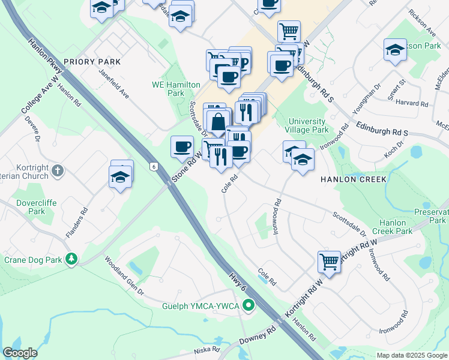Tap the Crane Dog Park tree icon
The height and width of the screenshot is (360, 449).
tap(71, 259)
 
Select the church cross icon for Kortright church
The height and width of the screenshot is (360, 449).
tap(57, 170)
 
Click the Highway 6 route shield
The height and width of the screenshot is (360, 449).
tap(154, 166)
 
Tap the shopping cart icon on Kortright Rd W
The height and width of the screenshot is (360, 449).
tap(329, 261)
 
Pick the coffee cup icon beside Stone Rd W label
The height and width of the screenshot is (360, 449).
tap(182, 146)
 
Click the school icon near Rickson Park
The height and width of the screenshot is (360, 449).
tap(394, 50)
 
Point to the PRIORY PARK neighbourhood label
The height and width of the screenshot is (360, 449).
tap(92, 62)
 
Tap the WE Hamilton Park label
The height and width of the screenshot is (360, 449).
tap(176, 89)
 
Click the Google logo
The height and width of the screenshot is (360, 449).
tap(20, 353)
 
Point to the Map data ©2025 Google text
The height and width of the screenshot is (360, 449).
tap(411, 355)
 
